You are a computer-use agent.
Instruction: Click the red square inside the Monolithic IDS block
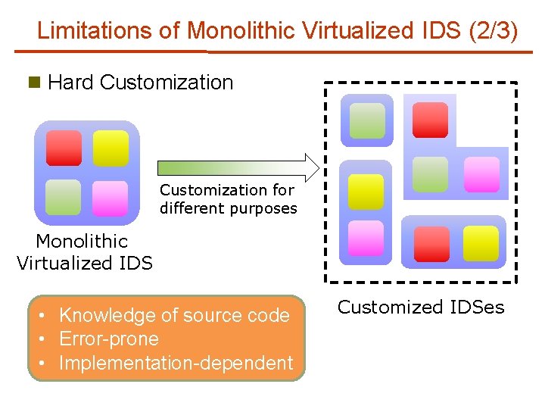(x=64, y=148)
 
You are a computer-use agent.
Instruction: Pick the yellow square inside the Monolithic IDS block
(x=111, y=148)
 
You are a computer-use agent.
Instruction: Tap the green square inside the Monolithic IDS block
(x=64, y=197)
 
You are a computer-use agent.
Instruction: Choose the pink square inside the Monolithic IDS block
(x=111, y=197)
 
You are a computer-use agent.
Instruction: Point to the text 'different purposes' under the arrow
(x=229, y=208)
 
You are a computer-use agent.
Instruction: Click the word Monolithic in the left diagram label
(x=82, y=242)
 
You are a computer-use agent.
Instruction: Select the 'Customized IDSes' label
(x=421, y=308)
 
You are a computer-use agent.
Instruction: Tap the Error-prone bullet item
(x=109, y=339)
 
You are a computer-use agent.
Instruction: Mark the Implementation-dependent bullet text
(x=176, y=364)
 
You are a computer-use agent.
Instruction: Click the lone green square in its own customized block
(x=366, y=120)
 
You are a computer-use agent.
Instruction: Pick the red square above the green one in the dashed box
(x=430, y=120)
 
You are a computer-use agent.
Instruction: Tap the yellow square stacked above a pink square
(x=366, y=191)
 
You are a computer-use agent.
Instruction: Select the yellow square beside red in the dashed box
(x=481, y=243)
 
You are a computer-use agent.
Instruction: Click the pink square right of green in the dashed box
(x=481, y=174)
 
